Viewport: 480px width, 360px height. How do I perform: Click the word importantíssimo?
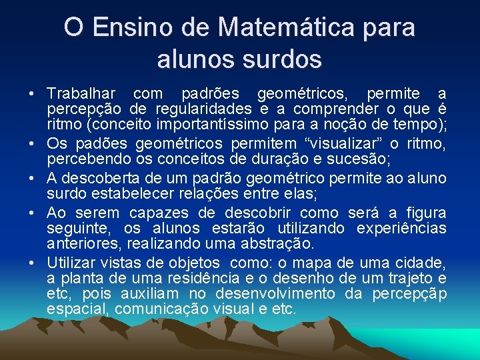click(x=209, y=124)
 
